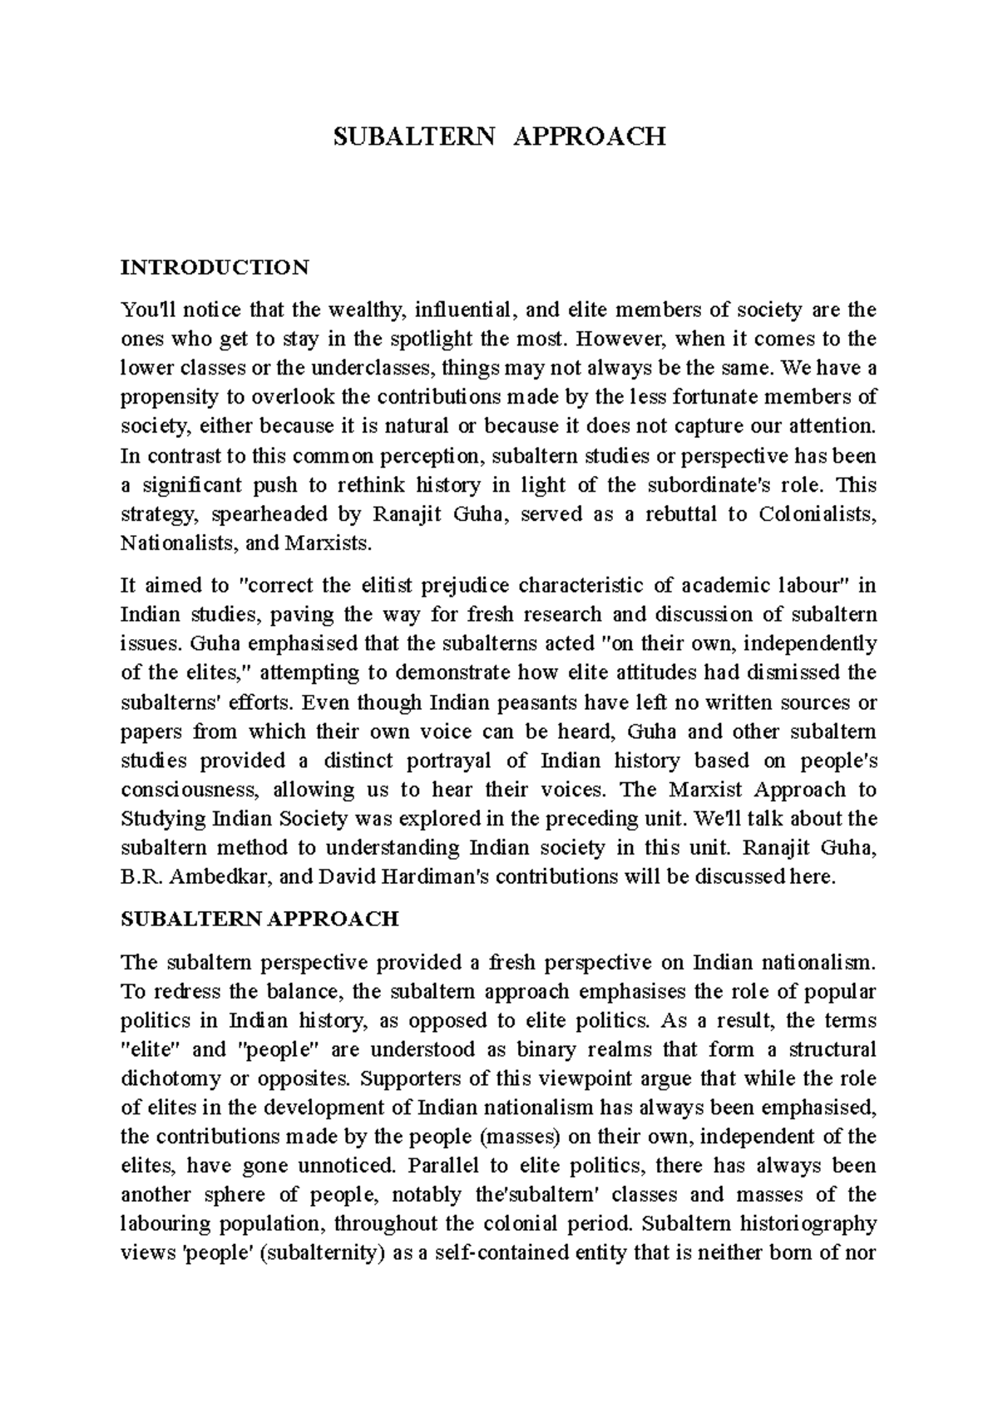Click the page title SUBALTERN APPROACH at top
pos(499,136)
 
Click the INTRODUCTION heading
pos(215,267)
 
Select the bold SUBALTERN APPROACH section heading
pos(259,919)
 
